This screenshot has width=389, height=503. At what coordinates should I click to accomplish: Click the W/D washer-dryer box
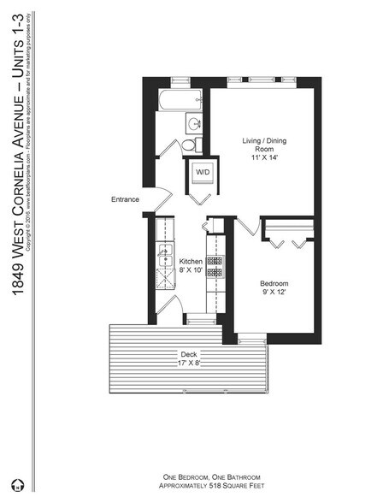click(x=203, y=172)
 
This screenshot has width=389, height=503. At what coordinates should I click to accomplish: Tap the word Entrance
click(x=125, y=199)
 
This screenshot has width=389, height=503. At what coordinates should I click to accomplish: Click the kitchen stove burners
click(x=215, y=265)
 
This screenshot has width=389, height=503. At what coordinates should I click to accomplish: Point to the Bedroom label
click(x=274, y=283)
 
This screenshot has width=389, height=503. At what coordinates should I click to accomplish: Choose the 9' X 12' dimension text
click(x=274, y=293)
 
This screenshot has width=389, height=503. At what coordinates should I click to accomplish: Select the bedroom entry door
click(x=248, y=228)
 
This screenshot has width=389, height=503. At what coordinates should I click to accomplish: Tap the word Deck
click(x=187, y=353)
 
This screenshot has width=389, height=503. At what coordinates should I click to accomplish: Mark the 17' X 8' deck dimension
click(x=187, y=363)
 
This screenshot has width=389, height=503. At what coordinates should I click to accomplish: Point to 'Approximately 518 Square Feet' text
click(x=211, y=483)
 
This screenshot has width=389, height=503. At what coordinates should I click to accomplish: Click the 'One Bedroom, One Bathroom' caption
click(x=211, y=475)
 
